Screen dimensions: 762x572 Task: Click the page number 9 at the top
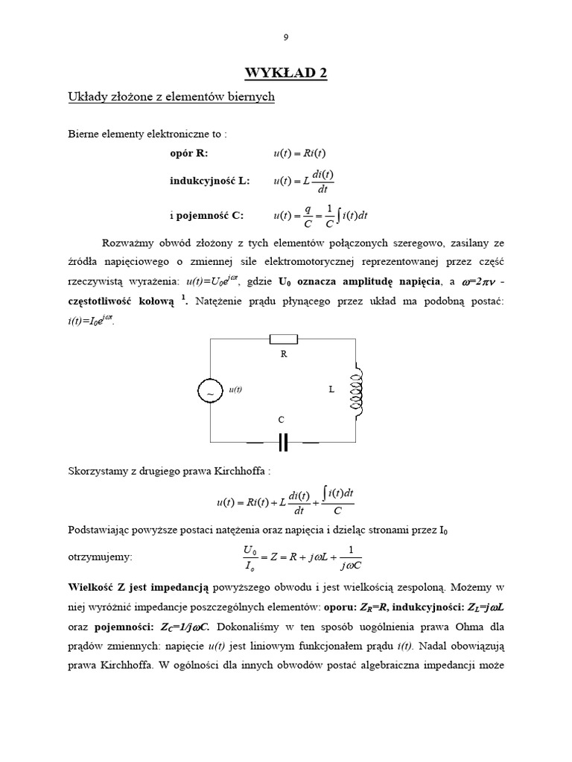(x=286, y=37)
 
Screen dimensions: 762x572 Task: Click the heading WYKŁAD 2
(x=286, y=72)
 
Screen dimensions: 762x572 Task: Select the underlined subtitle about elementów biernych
(x=171, y=97)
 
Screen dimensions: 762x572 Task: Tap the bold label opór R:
(x=190, y=153)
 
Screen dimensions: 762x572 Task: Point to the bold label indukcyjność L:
(x=210, y=181)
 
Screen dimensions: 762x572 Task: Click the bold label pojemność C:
(x=206, y=216)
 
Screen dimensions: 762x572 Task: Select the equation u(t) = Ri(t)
(x=299, y=153)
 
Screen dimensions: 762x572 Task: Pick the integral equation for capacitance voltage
(x=321, y=217)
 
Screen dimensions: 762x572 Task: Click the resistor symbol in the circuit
(x=283, y=339)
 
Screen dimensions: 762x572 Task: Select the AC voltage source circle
(x=210, y=390)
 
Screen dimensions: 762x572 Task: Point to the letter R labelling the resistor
(x=283, y=354)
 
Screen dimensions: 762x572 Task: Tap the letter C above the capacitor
(x=282, y=420)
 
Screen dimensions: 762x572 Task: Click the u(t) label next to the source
(x=235, y=389)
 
